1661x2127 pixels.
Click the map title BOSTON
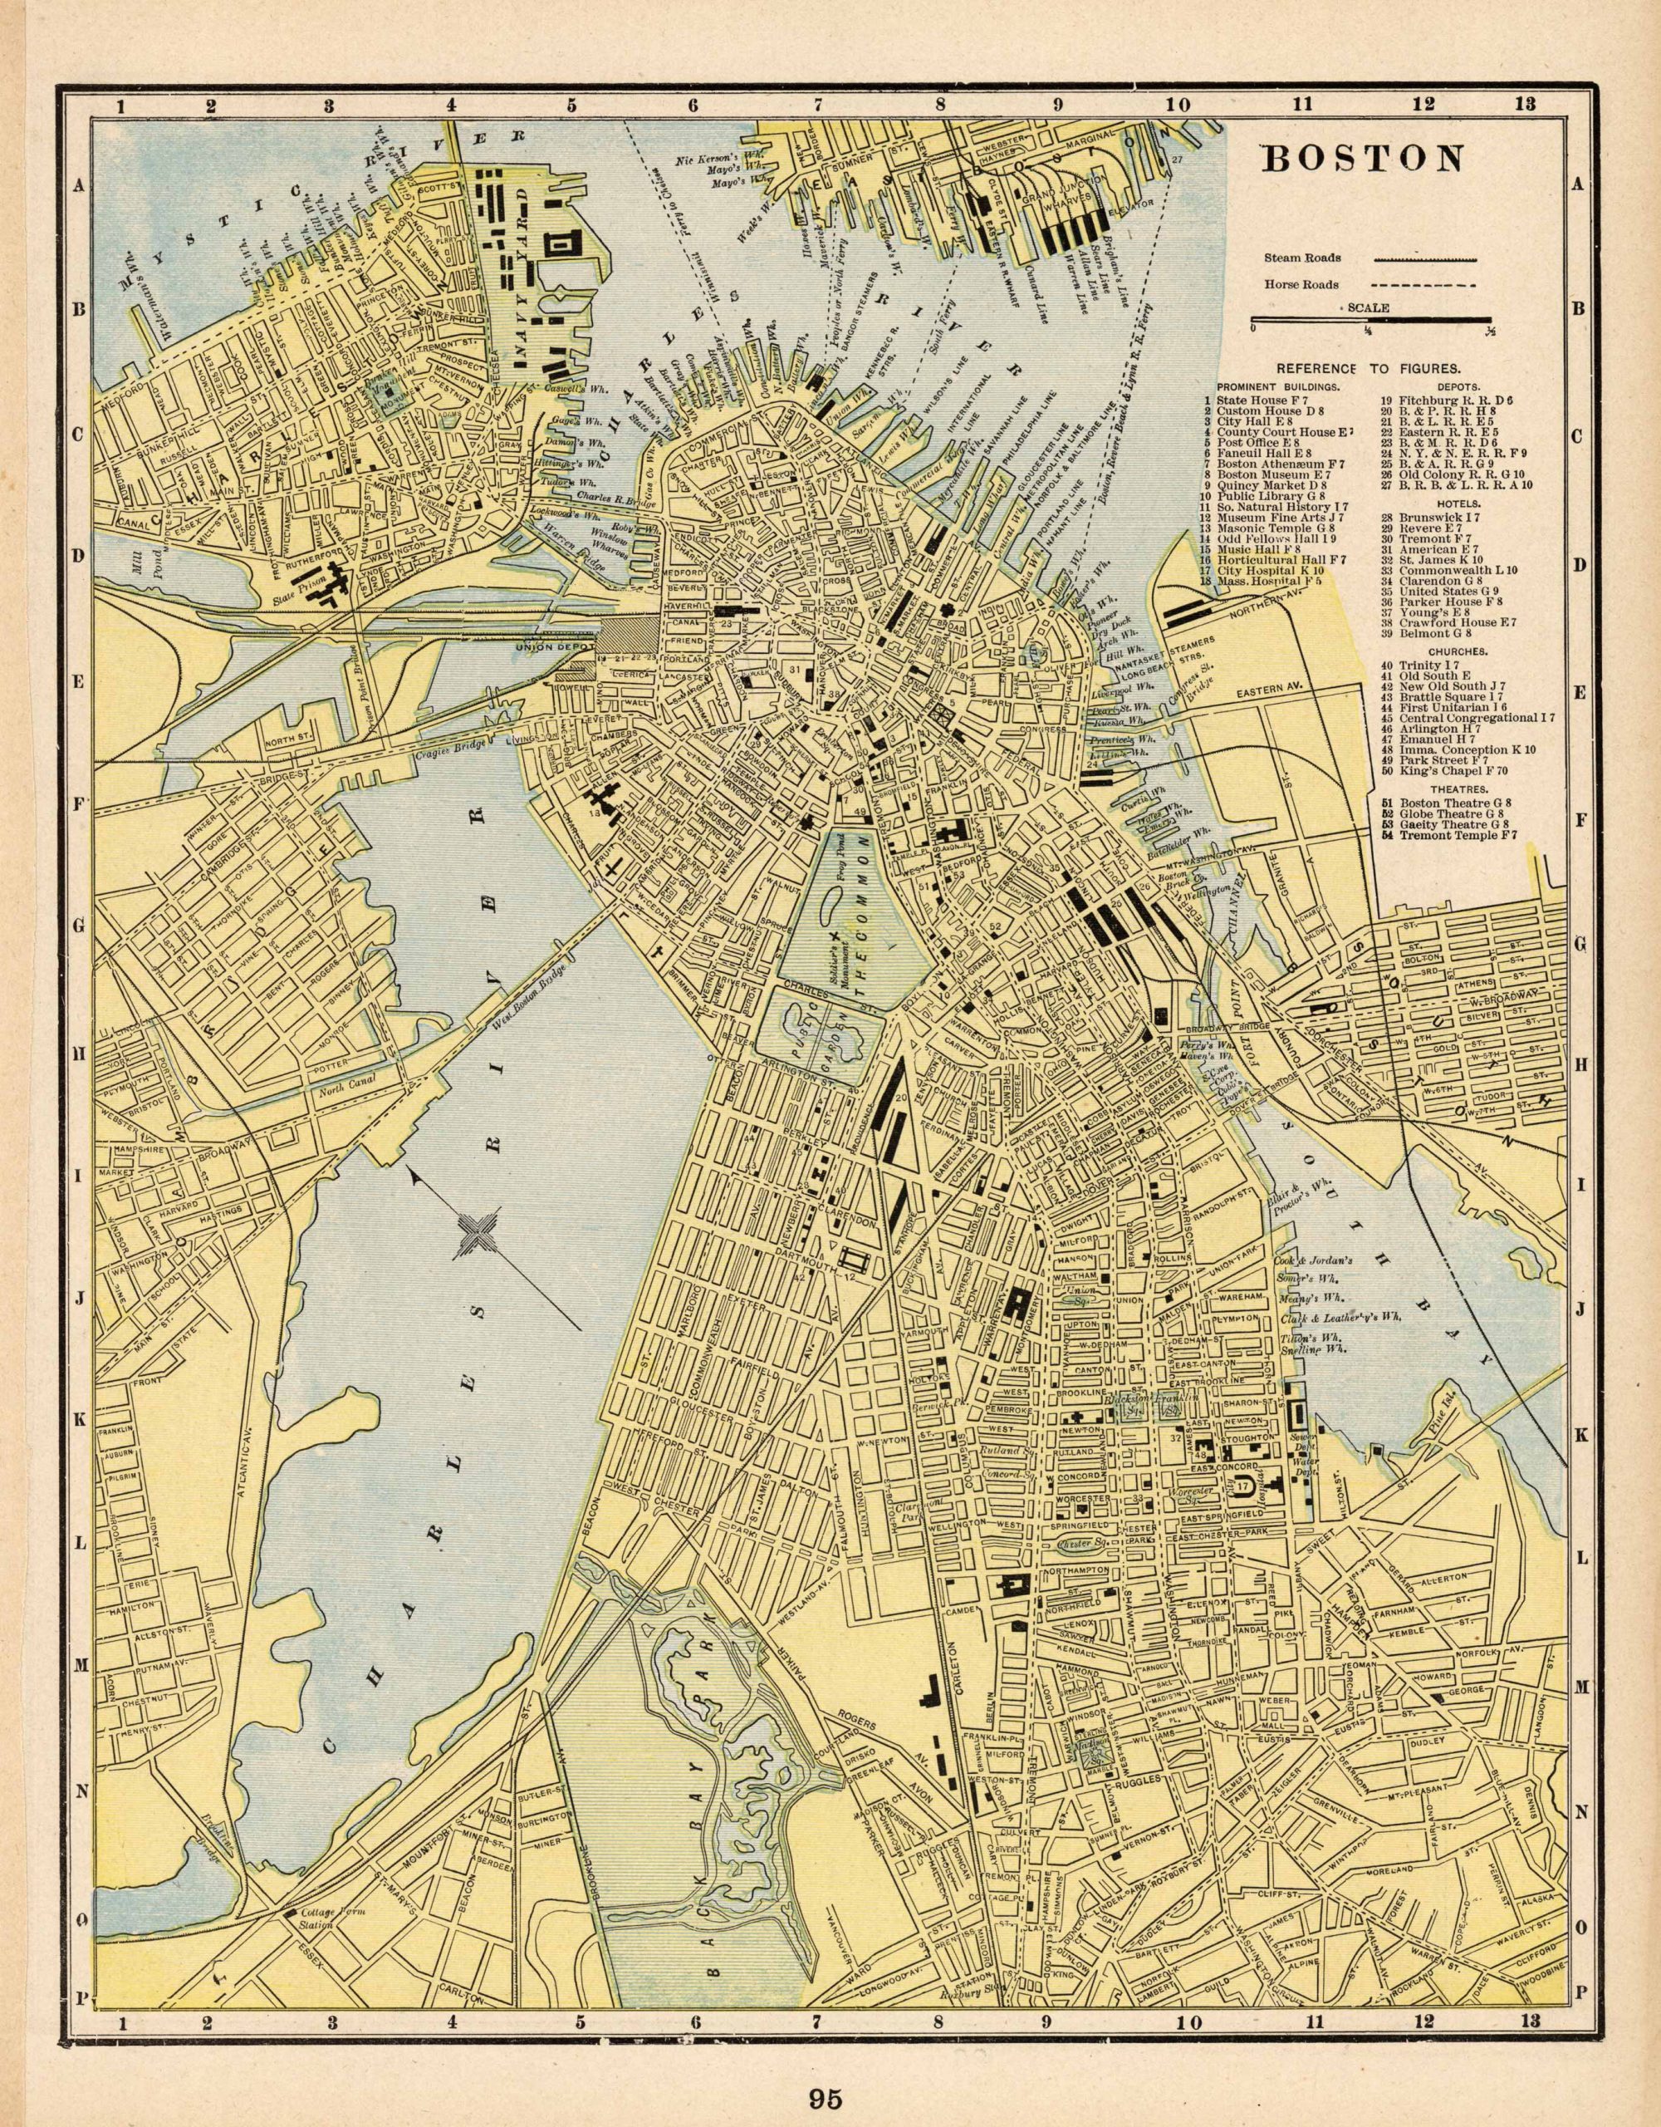pyautogui.click(x=1363, y=159)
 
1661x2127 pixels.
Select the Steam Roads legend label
pyautogui.click(x=1303, y=258)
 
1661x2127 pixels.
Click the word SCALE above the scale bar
pyautogui.click(x=1369, y=307)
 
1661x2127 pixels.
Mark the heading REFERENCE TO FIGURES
pyautogui.click(x=1367, y=369)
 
